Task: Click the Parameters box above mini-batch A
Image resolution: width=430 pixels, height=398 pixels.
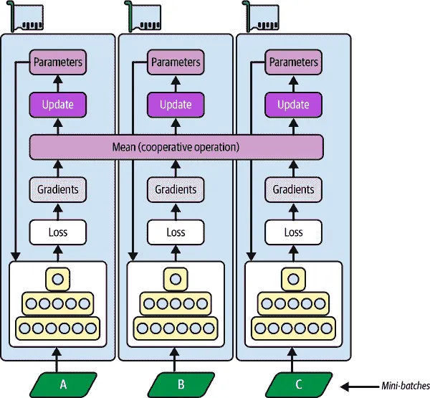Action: click(x=58, y=62)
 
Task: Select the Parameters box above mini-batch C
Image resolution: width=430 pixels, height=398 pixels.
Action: click(x=293, y=62)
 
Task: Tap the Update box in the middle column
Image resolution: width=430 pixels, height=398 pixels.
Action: click(x=176, y=105)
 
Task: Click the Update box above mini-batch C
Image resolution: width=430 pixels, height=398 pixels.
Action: click(x=293, y=105)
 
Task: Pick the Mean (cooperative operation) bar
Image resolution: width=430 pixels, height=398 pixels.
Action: click(x=176, y=147)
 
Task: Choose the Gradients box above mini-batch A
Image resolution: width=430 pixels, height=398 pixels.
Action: click(x=58, y=189)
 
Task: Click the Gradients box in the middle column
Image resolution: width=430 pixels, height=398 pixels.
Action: click(x=176, y=189)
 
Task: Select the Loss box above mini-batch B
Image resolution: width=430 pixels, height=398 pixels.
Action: click(x=176, y=232)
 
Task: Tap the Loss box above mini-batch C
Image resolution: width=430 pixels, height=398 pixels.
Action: click(x=293, y=232)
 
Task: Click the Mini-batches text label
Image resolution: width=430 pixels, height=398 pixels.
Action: click(x=404, y=387)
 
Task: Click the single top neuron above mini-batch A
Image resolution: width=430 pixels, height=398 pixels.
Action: click(x=58, y=278)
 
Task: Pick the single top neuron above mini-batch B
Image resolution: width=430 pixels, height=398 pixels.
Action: click(x=176, y=278)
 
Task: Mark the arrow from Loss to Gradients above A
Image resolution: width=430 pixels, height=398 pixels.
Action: click(x=58, y=211)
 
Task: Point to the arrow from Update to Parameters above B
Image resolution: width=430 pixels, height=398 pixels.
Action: click(x=176, y=84)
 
